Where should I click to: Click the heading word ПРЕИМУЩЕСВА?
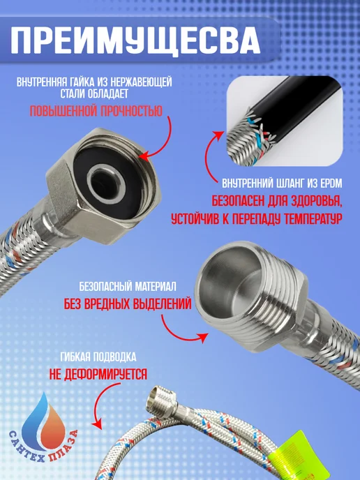(x=135, y=41)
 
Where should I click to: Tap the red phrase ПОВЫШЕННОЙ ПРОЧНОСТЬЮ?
(x=96, y=111)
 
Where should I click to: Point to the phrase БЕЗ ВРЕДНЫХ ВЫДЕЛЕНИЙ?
(x=128, y=304)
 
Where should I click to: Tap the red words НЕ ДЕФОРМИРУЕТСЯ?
(x=98, y=374)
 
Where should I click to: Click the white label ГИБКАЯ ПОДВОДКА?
(x=98, y=357)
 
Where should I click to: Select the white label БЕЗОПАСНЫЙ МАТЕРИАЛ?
(x=128, y=287)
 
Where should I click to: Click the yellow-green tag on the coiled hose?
(x=294, y=456)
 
